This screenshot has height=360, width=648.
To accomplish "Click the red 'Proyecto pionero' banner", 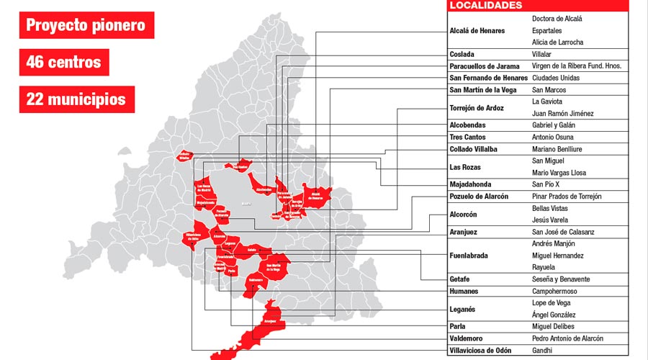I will coord(86,27).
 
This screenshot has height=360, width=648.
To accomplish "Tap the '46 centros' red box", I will coord(63,62).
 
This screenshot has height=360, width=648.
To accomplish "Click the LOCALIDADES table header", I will coord(485,5).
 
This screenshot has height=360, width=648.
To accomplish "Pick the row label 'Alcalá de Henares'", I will coord(477,31).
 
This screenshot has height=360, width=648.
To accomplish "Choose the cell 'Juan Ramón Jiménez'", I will coord(563,113).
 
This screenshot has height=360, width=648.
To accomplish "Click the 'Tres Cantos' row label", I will coord(467,137).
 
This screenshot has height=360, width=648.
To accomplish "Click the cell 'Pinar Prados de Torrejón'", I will coord(566,197).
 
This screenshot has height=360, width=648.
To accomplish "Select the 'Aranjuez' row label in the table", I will coord(464,232).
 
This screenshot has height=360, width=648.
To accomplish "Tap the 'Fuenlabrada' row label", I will coord(469,256).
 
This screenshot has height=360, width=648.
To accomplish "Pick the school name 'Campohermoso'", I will coord(554,291).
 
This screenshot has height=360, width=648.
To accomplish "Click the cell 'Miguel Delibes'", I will coord(553,326).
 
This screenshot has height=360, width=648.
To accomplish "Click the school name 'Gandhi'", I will coord(541,351).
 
